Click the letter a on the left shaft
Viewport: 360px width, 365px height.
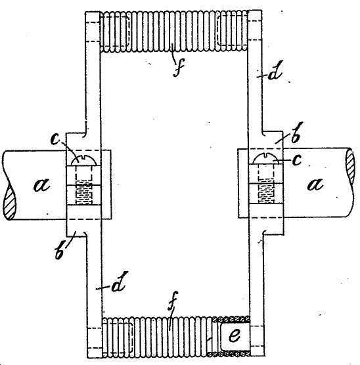42,185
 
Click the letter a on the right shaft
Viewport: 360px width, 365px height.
315,184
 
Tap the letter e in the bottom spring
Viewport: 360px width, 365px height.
235,335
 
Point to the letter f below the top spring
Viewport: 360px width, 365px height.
179,67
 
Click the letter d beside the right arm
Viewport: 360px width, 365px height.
275,70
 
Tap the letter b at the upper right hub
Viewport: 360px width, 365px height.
296,132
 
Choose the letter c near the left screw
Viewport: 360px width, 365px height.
55,140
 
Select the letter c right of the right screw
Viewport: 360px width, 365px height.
297,160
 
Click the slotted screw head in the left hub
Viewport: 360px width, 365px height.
83,160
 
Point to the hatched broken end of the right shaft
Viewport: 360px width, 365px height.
350,165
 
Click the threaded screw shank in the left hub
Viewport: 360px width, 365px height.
83,193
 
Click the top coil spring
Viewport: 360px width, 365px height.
174,32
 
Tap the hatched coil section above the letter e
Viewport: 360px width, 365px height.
231,319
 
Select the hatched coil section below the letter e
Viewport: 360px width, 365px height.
229,354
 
